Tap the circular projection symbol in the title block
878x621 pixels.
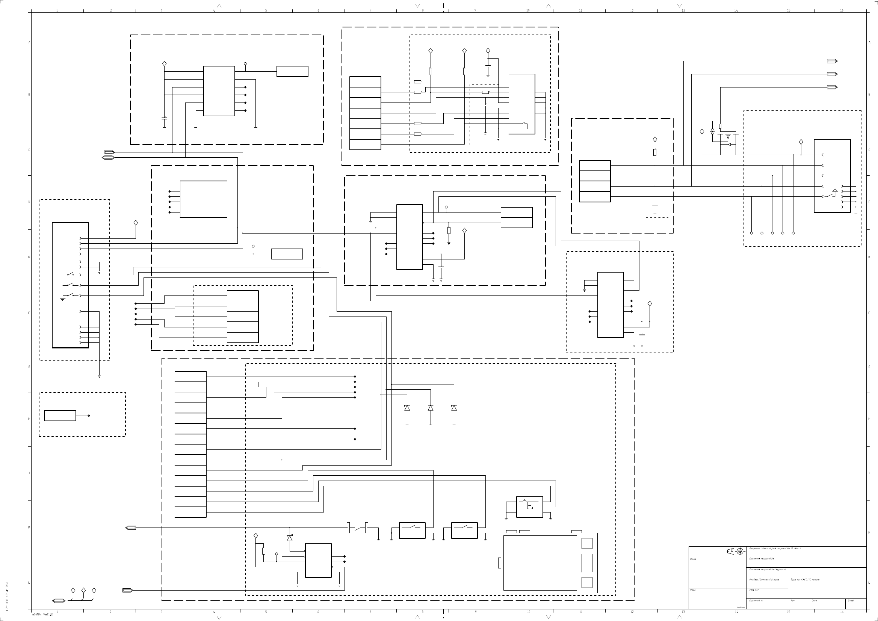pos(740,552)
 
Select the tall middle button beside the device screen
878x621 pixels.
pos(586,563)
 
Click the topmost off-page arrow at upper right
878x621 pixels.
pos(832,61)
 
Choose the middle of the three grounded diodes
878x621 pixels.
pos(431,408)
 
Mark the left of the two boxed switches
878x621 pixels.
pos(412,531)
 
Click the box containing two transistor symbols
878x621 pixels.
pos(529,507)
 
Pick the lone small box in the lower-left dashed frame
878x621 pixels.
pos(60,416)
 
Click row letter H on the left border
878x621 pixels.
pos(29,419)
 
